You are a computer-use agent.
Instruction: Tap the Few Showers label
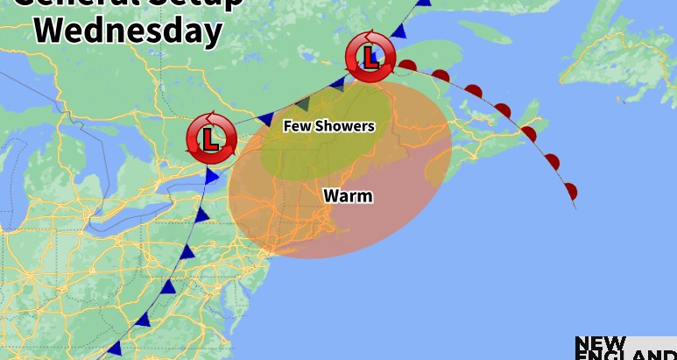328,126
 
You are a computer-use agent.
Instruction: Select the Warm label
348,195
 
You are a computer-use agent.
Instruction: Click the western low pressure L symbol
210,138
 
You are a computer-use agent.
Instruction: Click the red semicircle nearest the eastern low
408,64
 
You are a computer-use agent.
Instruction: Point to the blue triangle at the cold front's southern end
113,349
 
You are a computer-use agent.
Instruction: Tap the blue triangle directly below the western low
211,177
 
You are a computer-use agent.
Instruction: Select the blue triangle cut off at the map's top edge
424,3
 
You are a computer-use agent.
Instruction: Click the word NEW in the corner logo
601,342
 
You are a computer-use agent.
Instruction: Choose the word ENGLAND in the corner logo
625,356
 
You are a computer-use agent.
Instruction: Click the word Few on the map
295,126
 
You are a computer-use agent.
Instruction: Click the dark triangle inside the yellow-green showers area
302,102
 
